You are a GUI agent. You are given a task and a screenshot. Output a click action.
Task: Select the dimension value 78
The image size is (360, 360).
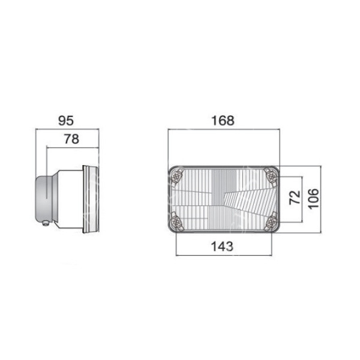tap(71, 139)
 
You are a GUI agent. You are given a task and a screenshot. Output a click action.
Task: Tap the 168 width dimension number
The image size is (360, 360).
tap(223, 121)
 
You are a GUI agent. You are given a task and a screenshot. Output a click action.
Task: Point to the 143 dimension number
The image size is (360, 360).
tap(223, 245)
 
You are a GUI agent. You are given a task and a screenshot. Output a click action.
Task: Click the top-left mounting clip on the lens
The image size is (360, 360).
tap(177, 176)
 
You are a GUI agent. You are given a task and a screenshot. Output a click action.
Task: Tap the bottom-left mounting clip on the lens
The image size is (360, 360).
tap(177, 220)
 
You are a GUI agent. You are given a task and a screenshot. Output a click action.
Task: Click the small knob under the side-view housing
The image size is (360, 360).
tap(47, 224)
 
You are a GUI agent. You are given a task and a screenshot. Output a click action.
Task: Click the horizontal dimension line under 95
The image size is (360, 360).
tap(67, 129)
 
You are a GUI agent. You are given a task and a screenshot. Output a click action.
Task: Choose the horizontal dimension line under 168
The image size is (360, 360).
tap(223, 129)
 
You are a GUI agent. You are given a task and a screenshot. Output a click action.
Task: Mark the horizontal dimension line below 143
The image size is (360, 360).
tap(223, 254)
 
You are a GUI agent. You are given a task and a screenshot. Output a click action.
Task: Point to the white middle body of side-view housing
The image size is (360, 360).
tap(69, 198)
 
